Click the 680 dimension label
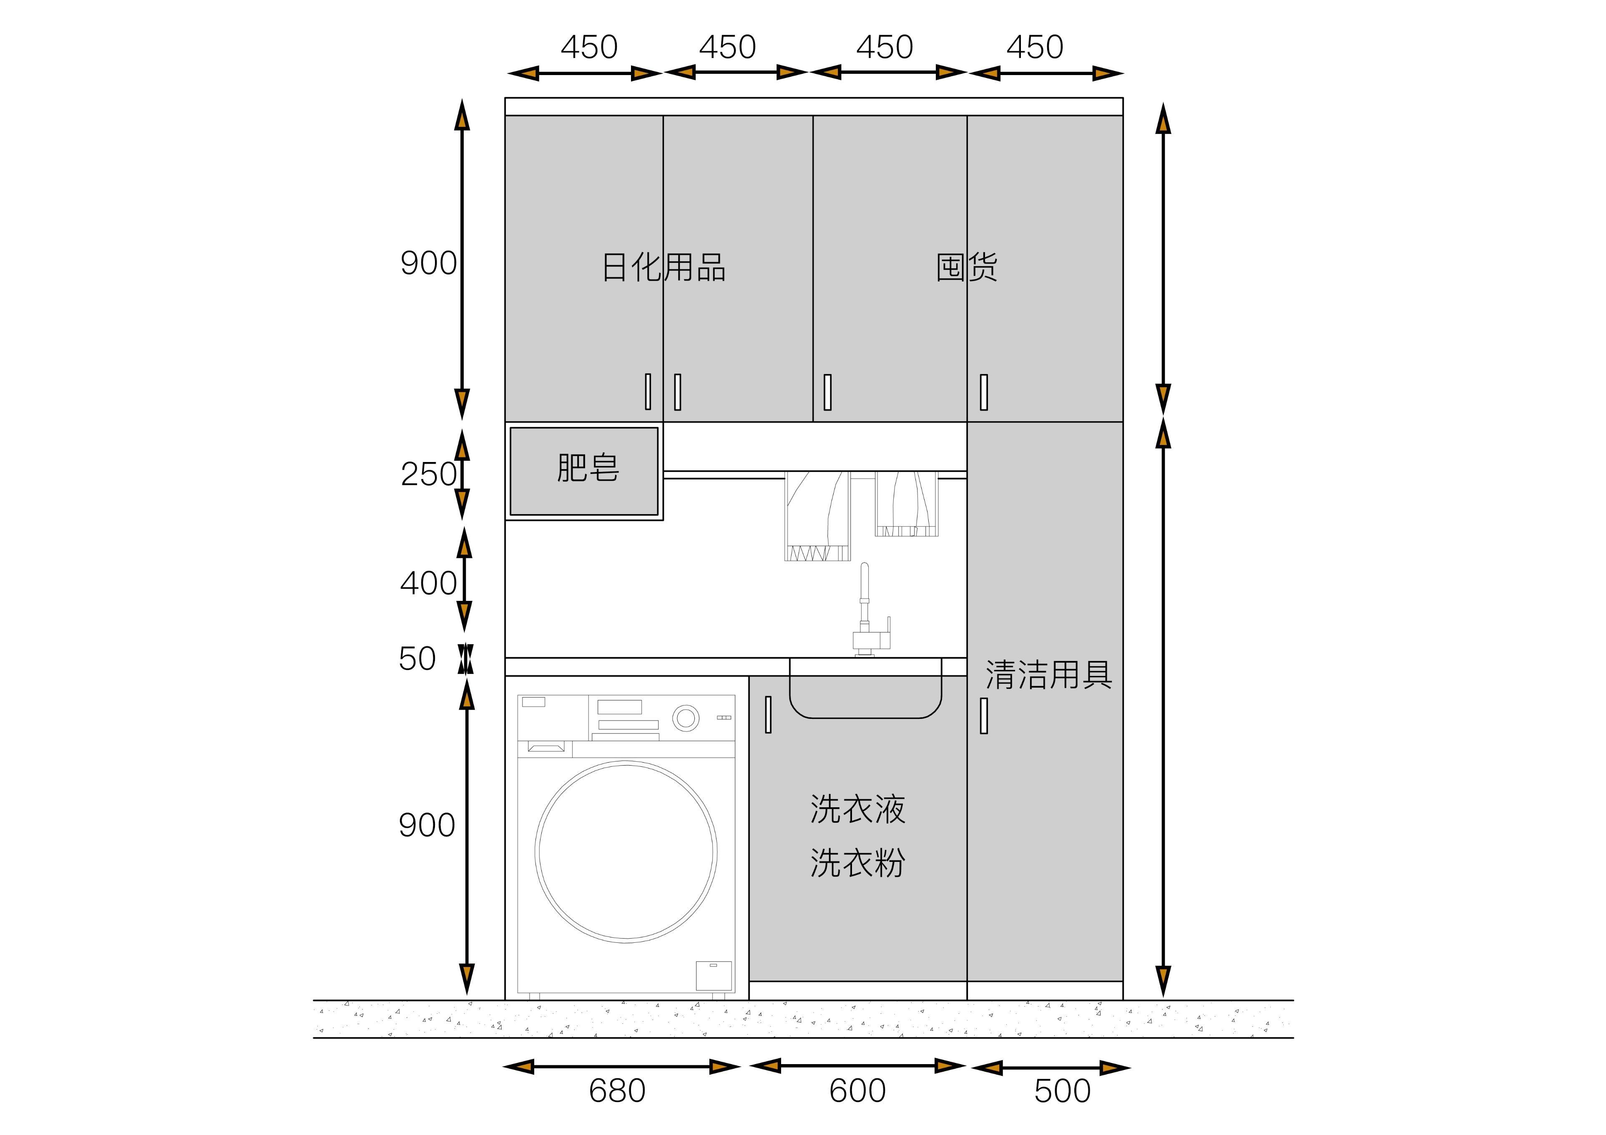point(617,1091)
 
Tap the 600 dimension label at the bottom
point(857,1091)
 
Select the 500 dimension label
point(1063,1091)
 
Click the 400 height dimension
point(428,583)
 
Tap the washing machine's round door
point(626,852)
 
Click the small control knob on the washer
point(686,718)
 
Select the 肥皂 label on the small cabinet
point(588,468)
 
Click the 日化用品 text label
point(664,267)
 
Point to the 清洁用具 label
point(1048,675)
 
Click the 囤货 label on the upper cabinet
point(967,267)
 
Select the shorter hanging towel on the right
point(907,504)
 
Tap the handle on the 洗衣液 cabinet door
point(768,715)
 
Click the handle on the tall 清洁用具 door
point(984,716)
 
